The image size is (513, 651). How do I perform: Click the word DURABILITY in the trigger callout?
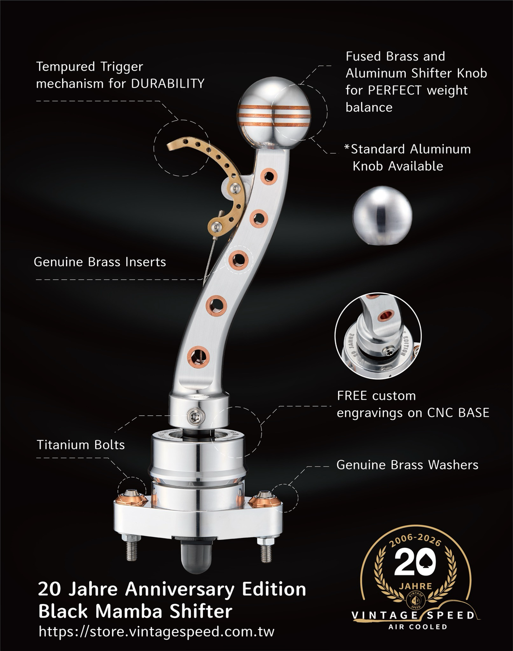[167, 84]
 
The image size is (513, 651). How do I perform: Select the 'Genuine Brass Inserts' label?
[100, 262]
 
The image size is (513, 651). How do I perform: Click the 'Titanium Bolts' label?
[81, 445]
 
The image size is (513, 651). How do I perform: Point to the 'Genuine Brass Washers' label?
[407, 465]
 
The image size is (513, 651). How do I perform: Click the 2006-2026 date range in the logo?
[415, 539]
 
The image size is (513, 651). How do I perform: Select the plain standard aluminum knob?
[382, 216]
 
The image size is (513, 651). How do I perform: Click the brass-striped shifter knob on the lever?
[274, 112]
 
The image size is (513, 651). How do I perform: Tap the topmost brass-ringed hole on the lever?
[269, 176]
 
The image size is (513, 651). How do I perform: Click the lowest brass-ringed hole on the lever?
[198, 355]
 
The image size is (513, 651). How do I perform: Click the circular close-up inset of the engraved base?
[378, 336]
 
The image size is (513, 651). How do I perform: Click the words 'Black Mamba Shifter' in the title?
[135, 611]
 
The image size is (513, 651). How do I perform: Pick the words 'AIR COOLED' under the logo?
[418, 627]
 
